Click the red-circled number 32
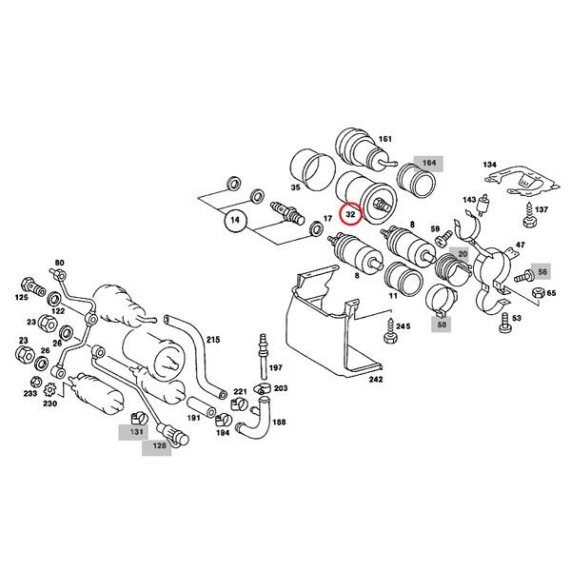point(351,215)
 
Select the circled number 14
point(234,223)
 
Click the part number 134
point(489,165)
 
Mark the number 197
point(277,366)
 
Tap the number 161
point(384,139)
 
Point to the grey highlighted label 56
point(542,272)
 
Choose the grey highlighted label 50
point(443,325)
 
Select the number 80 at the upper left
point(59,262)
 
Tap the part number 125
point(20,299)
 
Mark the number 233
point(30,393)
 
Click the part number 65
point(551,294)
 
